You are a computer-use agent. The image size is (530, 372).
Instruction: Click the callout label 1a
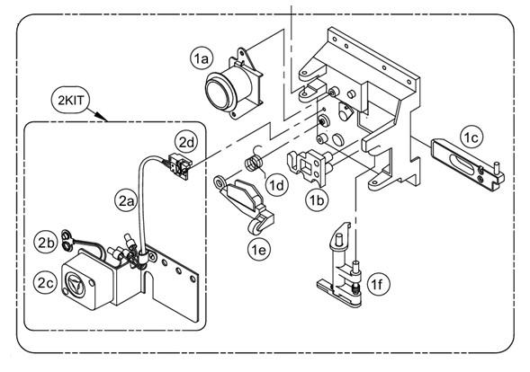(201, 58)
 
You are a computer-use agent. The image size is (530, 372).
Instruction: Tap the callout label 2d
(185, 141)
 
